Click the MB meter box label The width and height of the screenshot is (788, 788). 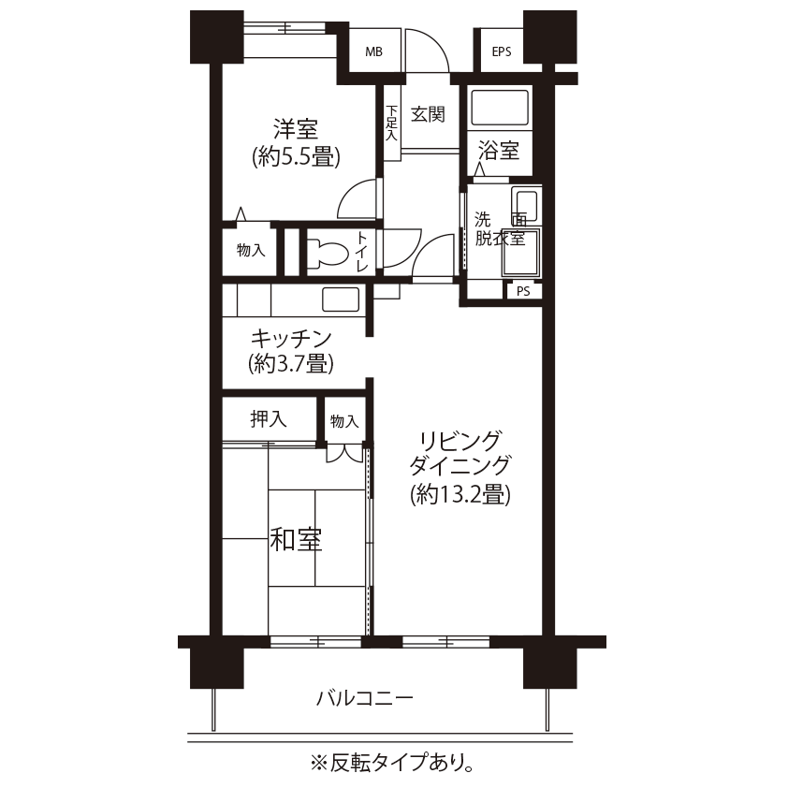pos(373,51)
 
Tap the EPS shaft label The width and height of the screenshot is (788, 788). pos(501,51)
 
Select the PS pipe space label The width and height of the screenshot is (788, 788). pos(523,291)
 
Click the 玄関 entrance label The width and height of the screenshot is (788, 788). pos(428,114)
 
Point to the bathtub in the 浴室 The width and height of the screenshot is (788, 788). pos(499,108)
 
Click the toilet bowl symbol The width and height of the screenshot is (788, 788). pos(328,251)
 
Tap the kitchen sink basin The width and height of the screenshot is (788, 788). pos(341,299)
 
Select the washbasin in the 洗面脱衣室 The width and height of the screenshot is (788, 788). pos(526,205)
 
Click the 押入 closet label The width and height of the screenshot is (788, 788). pos(269,419)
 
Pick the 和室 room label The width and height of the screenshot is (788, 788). pos(296,540)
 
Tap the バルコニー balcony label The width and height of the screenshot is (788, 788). pos(365,698)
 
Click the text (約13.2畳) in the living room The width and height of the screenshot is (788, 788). pos(460,495)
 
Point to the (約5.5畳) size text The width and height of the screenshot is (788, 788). pos(296,157)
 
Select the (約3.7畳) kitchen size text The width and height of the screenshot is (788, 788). pos(291,363)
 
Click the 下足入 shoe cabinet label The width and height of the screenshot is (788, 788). pos(391,124)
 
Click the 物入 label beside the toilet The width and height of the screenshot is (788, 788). pos(251,250)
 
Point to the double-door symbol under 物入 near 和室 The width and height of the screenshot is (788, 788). pos(344,453)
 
